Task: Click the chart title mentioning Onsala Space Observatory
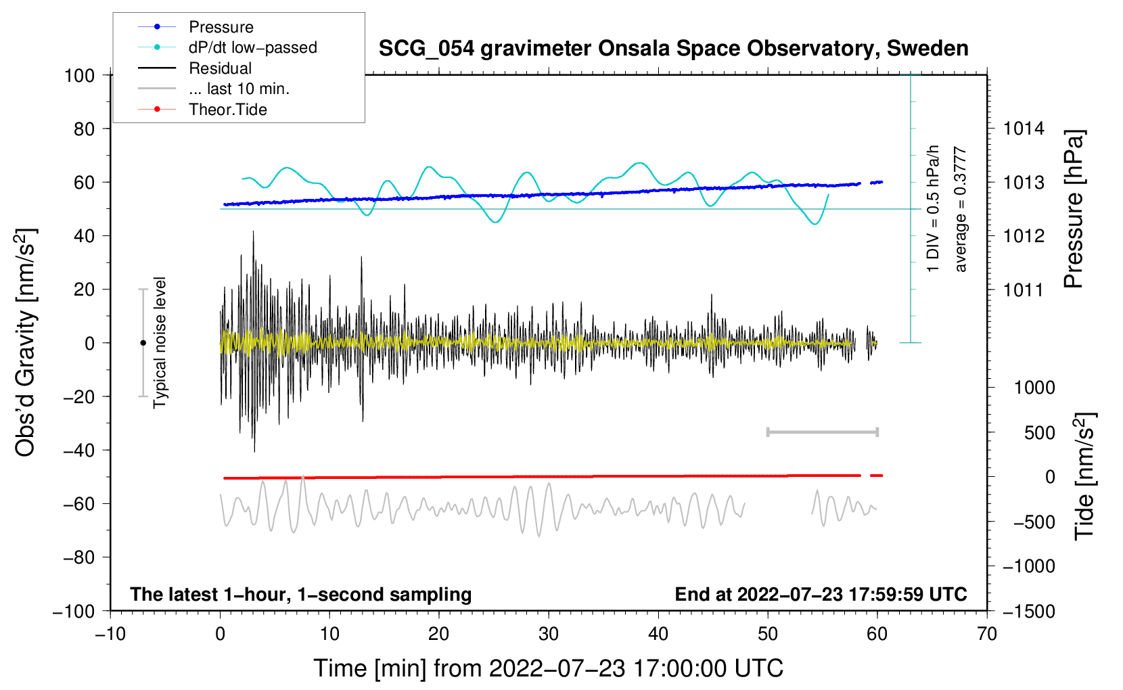(x=673, y=49)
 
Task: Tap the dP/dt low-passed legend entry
(x=252, y=47)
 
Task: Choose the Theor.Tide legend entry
(x=227, y=110)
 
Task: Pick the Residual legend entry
(x=220, y=68)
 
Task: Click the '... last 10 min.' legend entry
(x=239, y=89)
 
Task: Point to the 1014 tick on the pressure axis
(x=1024, y=129)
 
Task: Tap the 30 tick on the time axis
(x=549, y=634)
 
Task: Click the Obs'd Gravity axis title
(x=26, y=342)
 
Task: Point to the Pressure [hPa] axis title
(x=1074, y=209)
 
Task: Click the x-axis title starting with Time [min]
(x=549, y=668)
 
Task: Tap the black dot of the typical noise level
(x=143, y=343)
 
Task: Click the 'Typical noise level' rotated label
(x=160, y=342)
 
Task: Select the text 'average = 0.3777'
(x=961, y=210)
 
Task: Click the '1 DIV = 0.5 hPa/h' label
(x=934, y=208)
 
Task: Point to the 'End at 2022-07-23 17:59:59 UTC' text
(x=821, y=594)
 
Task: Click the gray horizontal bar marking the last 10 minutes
(x=822, y=432)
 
